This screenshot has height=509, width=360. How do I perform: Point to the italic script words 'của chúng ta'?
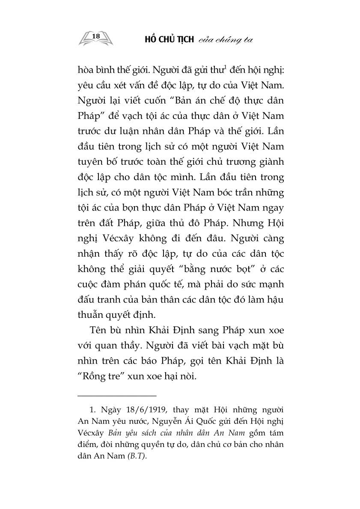[224, 40]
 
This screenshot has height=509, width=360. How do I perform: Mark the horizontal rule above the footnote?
[117, 396]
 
